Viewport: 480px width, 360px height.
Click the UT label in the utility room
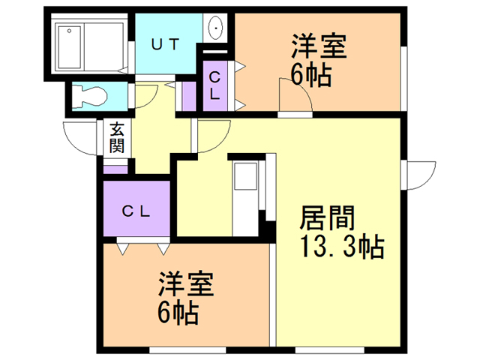[165, 45]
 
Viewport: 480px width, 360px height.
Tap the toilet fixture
[89, 96]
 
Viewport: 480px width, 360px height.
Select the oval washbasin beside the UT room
[215, 28]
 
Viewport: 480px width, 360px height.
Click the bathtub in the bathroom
[70, 47]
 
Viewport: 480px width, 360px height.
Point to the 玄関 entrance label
[117, 138]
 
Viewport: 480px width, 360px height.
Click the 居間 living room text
[327, 217]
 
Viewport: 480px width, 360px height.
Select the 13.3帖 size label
[342, 247]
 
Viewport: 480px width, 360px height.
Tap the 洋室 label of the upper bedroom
[319, 46]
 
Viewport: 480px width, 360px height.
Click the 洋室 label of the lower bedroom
[186, 283]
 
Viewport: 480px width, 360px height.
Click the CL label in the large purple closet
[136, 211]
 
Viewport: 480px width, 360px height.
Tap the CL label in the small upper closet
[215, 85]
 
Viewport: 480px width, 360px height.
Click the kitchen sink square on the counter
[245, 176]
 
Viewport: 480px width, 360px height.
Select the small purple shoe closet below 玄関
[115, 169]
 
